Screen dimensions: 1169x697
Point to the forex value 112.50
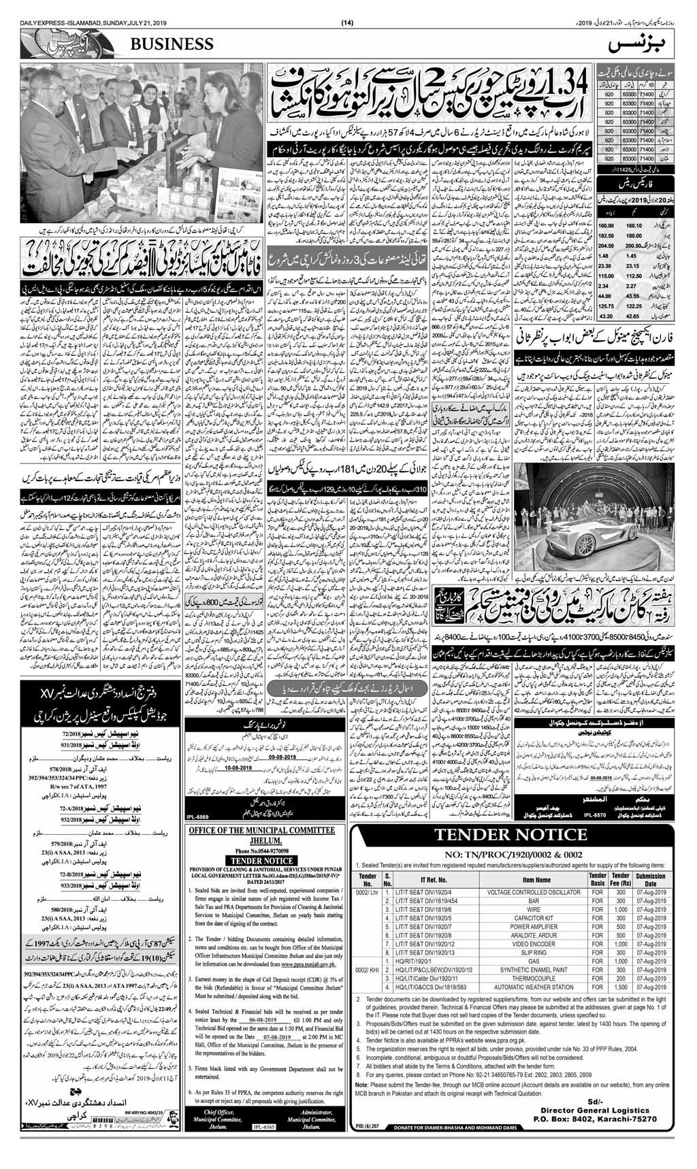click(632, 276)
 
